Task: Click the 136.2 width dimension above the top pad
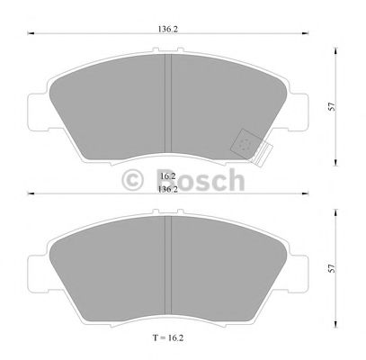pos(166,28)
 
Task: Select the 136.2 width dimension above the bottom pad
pos(166,190)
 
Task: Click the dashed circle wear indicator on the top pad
pos(245,144)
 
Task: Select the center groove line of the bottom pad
pos(169,261)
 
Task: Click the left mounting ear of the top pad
pos(39,109)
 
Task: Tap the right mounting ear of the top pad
pos(299,109)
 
